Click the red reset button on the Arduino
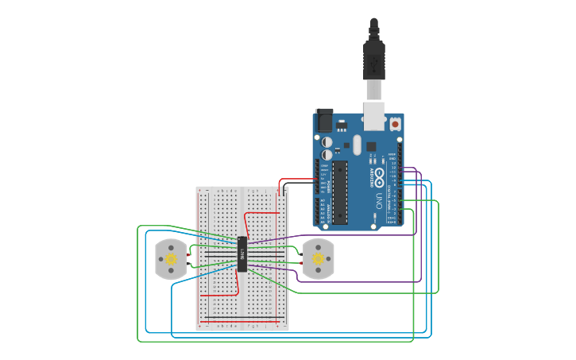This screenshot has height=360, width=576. pos(395,124)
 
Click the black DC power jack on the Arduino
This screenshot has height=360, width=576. pos(324,120)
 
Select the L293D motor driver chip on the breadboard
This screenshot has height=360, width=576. pos(242,254)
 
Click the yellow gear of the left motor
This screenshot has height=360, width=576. pos(169,259)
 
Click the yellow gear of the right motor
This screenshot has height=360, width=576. pos(319,259)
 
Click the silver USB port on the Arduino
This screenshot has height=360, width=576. pos(373,114)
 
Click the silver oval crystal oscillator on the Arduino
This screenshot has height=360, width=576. pos(358,145)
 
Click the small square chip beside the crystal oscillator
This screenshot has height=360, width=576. pos(370,146)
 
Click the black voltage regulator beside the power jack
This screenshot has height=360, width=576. pos(342,126)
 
